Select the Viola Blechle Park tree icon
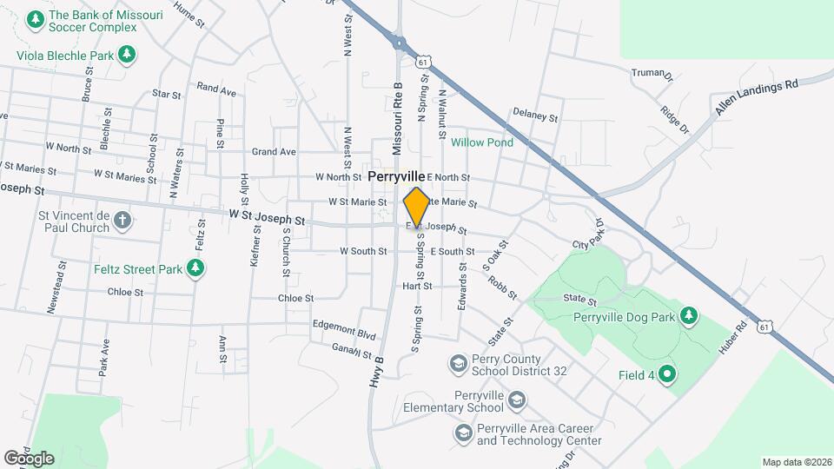coord(127,55)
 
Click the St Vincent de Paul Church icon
coord(122,219)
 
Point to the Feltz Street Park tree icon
coord(197,269)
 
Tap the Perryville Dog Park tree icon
coord(689,314)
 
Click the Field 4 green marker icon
coord(667,375)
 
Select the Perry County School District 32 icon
coord(458,362)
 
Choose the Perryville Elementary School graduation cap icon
coord(517,400)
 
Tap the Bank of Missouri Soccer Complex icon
coord(36,18)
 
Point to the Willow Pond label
coord(482,142)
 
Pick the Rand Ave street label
coord(216,89)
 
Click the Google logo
coord(28,458)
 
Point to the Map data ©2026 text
coord(796,462)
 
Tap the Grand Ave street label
coord(274,152)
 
